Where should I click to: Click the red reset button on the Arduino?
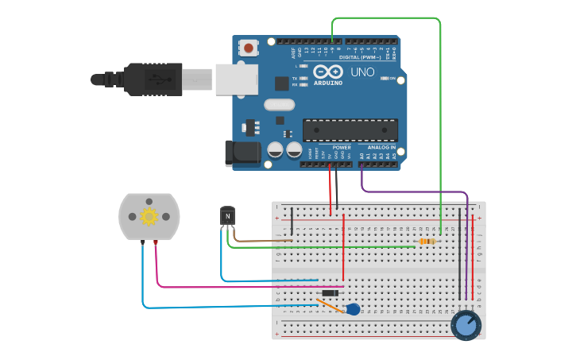tap(249, 48)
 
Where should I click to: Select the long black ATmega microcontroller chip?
tap(350, 130)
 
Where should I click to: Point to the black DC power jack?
tap(242, 153)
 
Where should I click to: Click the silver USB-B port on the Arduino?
tap(237, 79)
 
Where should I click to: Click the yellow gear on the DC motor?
tap(149, 216)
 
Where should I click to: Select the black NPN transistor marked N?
tap(228, 215)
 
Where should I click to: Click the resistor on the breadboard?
tap(427, 241)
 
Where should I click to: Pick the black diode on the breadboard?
tap(330, 293)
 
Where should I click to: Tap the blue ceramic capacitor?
tap(353, 309)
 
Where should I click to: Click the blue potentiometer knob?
tap(466, 325)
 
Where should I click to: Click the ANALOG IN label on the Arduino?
tap(381, 147)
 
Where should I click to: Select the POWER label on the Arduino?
tap(342, 147)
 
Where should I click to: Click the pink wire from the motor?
tap(238, 286)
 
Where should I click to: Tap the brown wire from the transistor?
tap(262, 240)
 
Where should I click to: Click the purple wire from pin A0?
tap(413, 192)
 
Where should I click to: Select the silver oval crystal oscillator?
tap(279, 104)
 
